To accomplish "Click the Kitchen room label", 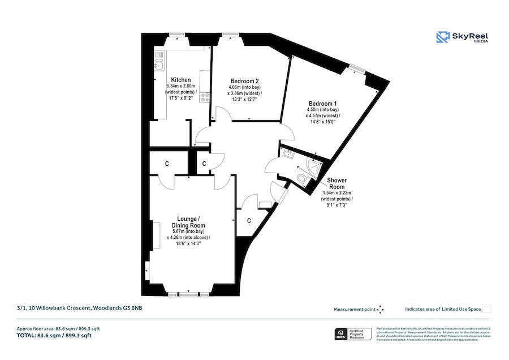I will click(181, 79).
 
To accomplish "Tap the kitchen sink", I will click(159, 62).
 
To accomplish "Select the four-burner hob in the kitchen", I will click(205, 97).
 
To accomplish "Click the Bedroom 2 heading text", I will click(245, 80).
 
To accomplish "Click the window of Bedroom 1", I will click(357, 69).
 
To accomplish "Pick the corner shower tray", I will click(312, 166).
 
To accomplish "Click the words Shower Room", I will click(337, 184).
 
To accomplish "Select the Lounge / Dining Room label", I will click(188, 222).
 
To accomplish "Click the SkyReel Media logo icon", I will click(442, 37).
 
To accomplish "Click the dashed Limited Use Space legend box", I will click(486, 309).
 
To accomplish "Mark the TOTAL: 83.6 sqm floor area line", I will click(54, 336).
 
